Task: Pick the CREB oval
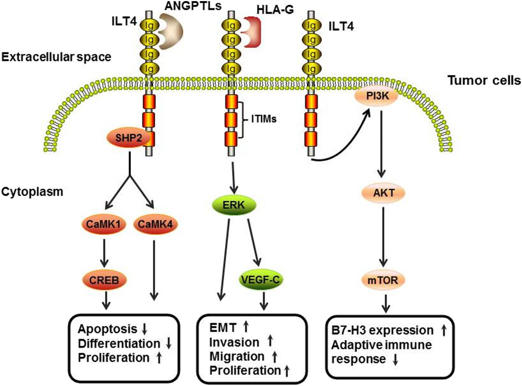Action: point(104,281)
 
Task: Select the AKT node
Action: point(384,193)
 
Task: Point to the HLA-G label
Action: point(275,10)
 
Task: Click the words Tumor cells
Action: point(484,80)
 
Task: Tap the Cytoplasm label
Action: point(33,192)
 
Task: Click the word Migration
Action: point(237,356)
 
